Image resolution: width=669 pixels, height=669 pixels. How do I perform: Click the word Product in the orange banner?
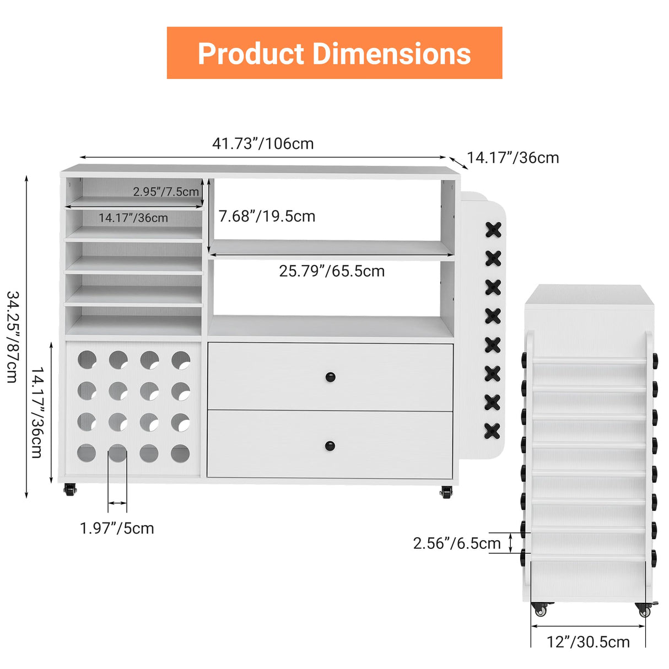pyautogui.click(x=251, y=53)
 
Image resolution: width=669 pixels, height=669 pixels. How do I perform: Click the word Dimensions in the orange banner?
pyautogui.click(x=392, y=53)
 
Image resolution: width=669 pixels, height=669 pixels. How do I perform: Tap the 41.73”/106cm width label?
pyautogui.click(x=263, y=143)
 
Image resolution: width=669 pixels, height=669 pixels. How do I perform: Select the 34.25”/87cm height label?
pyautogui.click(x=13, y=337)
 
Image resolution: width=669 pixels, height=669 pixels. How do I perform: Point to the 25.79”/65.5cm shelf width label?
pyautogui.click(x=332, y=271)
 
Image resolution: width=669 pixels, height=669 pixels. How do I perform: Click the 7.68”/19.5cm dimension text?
pyautogui.click(x=267, y=216)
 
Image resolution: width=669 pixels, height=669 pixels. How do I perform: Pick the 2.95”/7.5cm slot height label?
pyautogui.click(x=166, y=191)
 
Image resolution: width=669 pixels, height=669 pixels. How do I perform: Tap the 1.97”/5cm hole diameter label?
pyautogui.click(x=117, y=528)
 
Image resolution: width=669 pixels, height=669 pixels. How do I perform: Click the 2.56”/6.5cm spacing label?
pyautogui.click(x=456, y=543)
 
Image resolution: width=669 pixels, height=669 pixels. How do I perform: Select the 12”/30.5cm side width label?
pyautogui.click(x=588, y=642)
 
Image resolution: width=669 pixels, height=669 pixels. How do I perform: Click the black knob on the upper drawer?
pyautogui.click(x=330, y=377)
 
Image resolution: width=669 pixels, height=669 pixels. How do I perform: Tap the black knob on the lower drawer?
pyautogui.click(x=330, y=446)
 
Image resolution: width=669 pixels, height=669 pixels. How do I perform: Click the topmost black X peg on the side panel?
pyautogui.click(x=493, y=230)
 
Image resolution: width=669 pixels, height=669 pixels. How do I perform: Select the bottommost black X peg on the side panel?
pyautogui.click(x=492, y=431)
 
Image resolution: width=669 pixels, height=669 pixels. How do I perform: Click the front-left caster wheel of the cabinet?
pyautogui.click(x=70, y=489)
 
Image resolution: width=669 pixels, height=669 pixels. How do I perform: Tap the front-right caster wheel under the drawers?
pyautogui.click(x=446, y=492)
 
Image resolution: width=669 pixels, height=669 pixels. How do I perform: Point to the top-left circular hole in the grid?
pyautogui.click(x=87, y=360)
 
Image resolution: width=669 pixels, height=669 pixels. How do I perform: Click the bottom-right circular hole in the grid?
pyautogui.click(x=181, y=454)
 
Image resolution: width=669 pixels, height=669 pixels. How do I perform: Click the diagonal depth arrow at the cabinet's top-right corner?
pyautogui.click(x=458, y=163)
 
